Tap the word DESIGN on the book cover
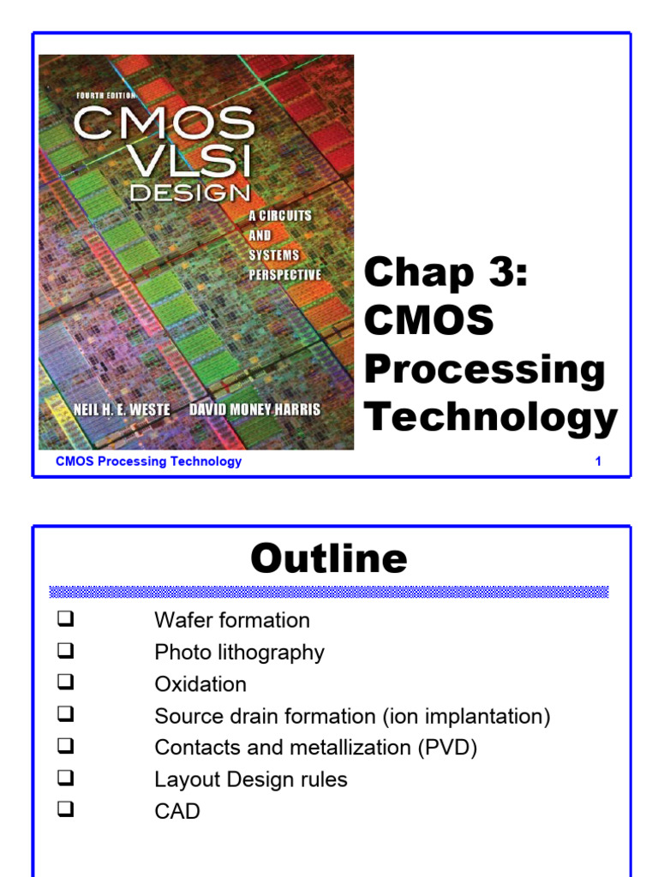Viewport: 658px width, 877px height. pos(189,194)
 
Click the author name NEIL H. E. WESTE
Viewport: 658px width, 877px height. pos(122,410)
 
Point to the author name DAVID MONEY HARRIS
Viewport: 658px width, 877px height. pos(254,410)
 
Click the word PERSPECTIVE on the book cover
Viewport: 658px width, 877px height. pos(285,276)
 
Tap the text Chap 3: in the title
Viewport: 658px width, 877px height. pos(446,274)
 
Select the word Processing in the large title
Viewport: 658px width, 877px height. pos(485,370)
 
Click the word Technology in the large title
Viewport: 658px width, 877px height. pos(491,418)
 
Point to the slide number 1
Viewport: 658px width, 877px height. pos(598,462)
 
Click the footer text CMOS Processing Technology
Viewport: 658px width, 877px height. pos(148,462)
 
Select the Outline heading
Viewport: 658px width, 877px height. pos(329,559)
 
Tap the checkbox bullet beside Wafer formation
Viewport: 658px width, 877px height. pos(67,618)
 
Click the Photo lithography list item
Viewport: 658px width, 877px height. pos(239,653)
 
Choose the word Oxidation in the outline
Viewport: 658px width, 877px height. pos(200,684)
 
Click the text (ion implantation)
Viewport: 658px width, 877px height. pos(466,716)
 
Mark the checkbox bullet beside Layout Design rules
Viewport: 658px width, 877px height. pos(67,778)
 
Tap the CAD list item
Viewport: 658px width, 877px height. pos(177,811)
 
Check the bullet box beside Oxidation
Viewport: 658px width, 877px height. pos(67,683)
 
